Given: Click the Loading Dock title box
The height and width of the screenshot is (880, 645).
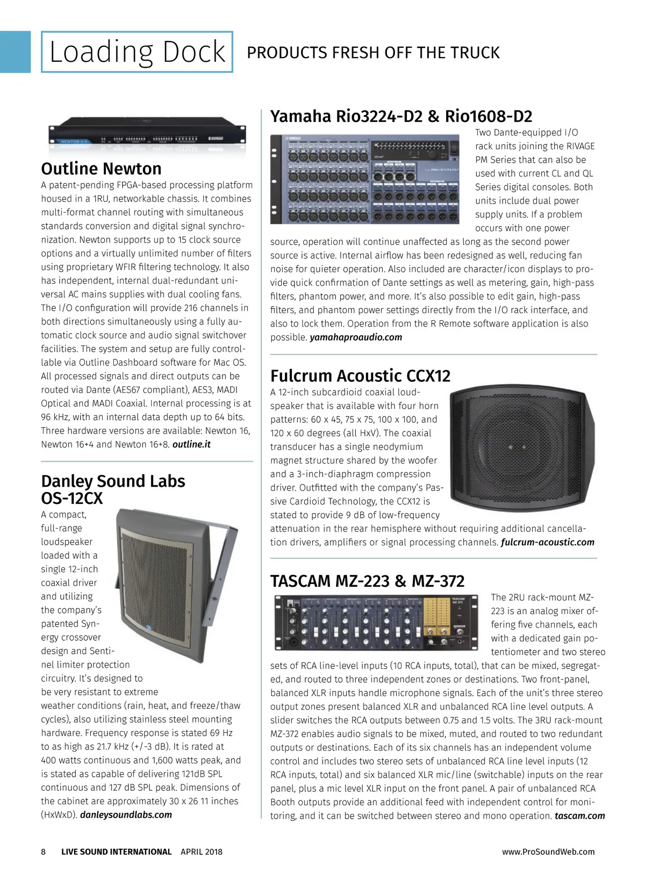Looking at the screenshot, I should point(137,52).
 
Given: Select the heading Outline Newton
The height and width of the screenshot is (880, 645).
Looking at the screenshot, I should point(101,169).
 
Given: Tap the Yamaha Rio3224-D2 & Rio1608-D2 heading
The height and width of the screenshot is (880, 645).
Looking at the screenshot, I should point(401,116).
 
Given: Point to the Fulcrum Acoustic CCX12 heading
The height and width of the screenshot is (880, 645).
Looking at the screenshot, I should point(360,376).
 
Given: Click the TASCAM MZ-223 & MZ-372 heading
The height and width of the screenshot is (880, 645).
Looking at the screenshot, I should point(367,581).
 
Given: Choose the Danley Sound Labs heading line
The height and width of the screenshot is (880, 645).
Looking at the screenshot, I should point(113,481).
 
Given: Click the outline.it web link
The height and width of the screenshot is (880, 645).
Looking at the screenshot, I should point(191,444).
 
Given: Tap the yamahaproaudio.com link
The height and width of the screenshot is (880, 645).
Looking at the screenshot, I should point(356,337).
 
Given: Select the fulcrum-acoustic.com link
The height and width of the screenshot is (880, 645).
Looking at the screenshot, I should point(547,542).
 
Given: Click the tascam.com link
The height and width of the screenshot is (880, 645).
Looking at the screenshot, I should point(579,816).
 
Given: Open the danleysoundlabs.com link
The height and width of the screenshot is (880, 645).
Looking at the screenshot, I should point(126,814).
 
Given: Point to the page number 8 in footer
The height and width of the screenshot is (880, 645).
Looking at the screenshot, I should point(44,852).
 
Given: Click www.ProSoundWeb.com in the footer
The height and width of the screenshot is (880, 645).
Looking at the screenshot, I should point(548,852).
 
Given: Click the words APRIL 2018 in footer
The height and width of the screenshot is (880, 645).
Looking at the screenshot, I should point(202,852).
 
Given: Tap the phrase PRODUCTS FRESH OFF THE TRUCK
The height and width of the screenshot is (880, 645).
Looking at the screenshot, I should point(373,53).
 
